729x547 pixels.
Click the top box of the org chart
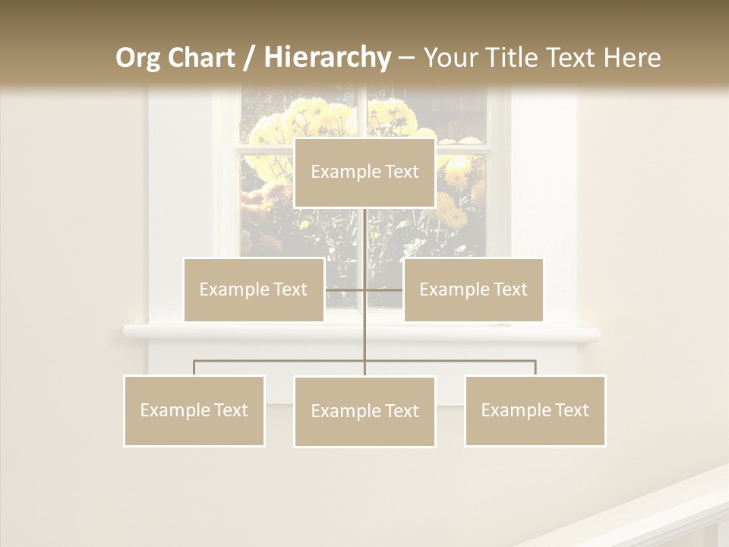coord(364,172)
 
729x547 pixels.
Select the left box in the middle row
coord(254,289)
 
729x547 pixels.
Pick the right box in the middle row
coord(474,289)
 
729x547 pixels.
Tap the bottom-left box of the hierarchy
coord(194,410)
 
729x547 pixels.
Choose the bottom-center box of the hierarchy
coord(364,411)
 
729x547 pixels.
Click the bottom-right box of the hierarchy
coord(535,410)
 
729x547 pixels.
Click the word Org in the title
coord(137,58)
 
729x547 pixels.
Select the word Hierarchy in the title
coord(327,58)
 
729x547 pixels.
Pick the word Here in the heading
coord(632,58)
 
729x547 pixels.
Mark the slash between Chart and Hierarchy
coord(249,58)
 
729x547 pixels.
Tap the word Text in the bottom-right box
coord(572,410)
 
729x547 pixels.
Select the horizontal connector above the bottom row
coord(281,361)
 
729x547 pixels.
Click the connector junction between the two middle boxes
coord(364,289)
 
